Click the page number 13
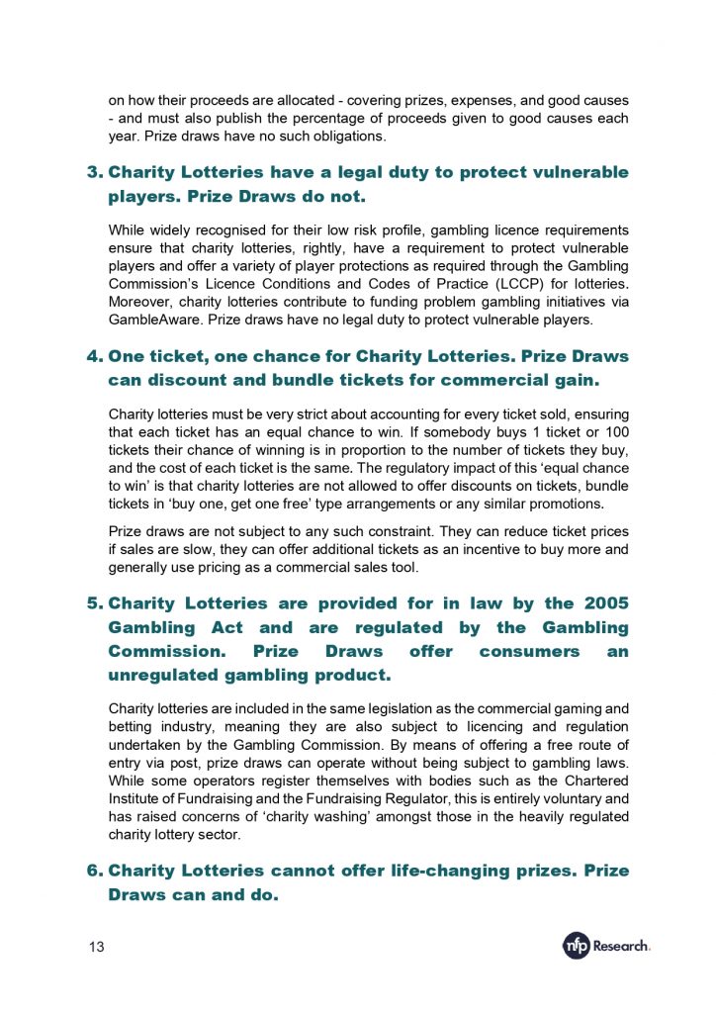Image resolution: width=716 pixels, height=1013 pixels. click(97, 947)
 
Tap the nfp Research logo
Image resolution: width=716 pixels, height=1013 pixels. click(606, 946)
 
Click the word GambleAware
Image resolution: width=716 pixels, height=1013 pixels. click(153, 320)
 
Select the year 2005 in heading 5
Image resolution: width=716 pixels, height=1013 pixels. click(605, 602)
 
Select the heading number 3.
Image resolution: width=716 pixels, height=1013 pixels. click(94, 172)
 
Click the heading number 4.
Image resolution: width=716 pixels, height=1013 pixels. click(94, 356)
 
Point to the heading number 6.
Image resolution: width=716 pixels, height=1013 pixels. click(94, 871)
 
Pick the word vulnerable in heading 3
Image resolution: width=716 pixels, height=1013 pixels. click(577, 172)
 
